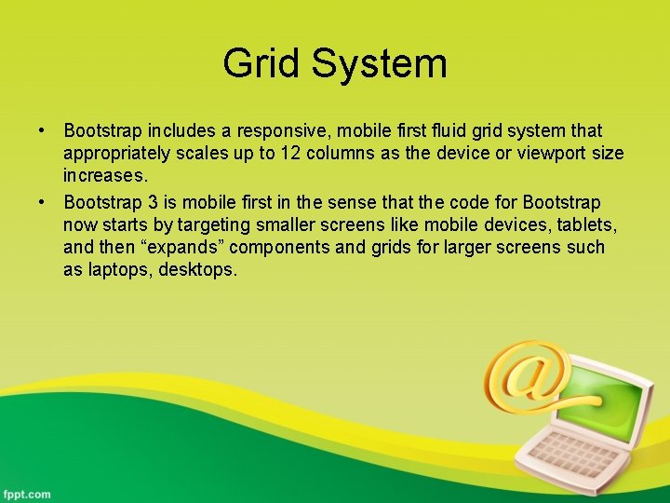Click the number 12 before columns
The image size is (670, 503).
(289, 154)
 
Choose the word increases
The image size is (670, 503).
(105, 176)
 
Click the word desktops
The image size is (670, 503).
(199, 270)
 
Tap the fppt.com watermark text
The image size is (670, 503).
(26, 494)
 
